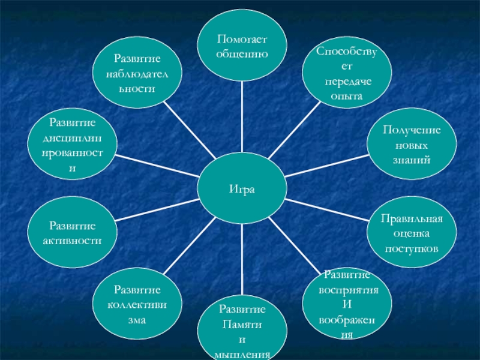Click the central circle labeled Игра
click(242, 189)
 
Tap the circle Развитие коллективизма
click(136, 305)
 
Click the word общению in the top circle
click(242, 53)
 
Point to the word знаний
click(412, 160)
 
